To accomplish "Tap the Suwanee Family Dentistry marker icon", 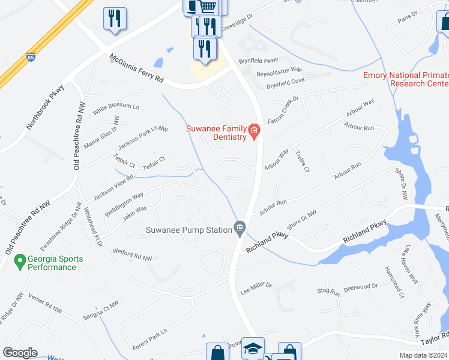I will tap(254, 130).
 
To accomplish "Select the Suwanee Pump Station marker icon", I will tap(240, 227).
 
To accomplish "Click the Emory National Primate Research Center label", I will tap(406, 79).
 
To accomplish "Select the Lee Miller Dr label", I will tap(256, 289).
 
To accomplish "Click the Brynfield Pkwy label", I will tap(259, 61).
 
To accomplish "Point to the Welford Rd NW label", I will tap(131, 256).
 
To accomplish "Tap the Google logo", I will tap(20, 352).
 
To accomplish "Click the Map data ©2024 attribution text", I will tap(423, 355).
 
